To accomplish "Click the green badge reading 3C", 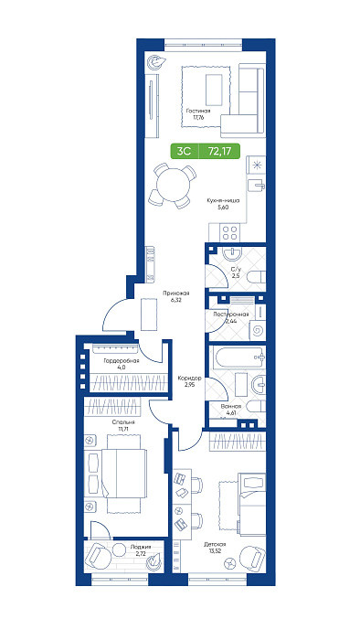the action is coord(184,151).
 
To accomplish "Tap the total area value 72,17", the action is coord(220,151).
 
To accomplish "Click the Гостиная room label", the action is coord(198,111).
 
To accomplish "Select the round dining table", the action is coord(174,186).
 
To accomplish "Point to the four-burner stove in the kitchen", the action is coord(230,232).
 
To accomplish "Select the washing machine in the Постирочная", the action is coord(258,330).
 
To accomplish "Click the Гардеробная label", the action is coord(122,360).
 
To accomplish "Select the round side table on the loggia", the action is coord(119,549).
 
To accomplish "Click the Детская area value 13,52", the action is coord(215,550).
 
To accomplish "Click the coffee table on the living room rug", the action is coord(214,90).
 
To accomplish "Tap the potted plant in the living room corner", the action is coord(156,62).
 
